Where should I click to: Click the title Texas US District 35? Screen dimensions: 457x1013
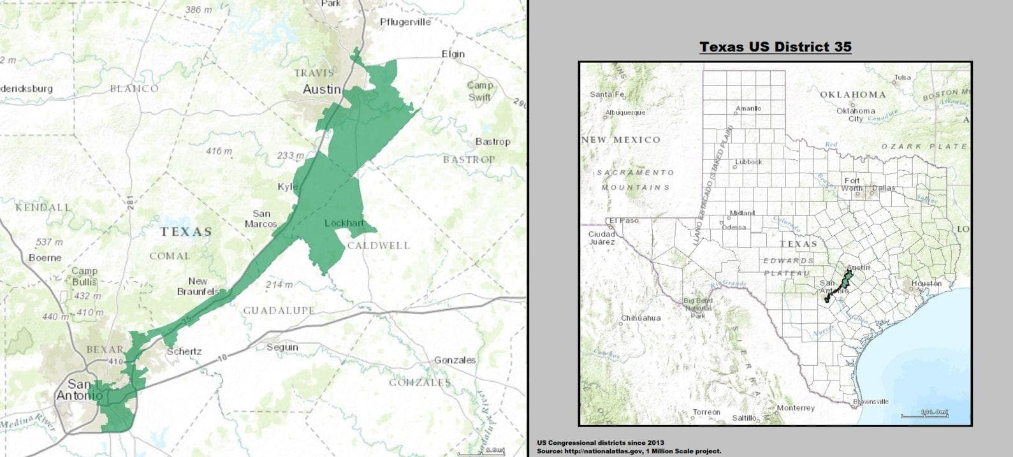[775, 47]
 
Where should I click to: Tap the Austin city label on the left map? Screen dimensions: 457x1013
[321, 89]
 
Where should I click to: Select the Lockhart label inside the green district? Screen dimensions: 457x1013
[344, 223]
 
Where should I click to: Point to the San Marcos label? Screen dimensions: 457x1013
[261, 219]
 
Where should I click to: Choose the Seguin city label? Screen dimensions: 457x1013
[282, 347]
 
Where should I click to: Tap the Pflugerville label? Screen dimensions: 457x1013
[405, 22]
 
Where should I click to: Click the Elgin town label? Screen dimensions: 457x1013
[453, 54]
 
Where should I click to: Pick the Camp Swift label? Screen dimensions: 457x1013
[479, 91]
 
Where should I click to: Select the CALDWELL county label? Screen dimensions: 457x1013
[379, 245]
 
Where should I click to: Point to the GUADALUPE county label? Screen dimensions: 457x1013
[279, 310]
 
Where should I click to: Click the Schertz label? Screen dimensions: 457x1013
[184, 351]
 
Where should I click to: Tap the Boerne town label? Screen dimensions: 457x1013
[45, 258]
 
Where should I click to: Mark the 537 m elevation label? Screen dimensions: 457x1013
[49, 242]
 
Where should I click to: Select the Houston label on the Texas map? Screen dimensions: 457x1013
[926, 283]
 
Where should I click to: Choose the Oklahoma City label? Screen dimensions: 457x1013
[856, 115]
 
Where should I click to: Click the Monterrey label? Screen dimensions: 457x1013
[796, 408]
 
